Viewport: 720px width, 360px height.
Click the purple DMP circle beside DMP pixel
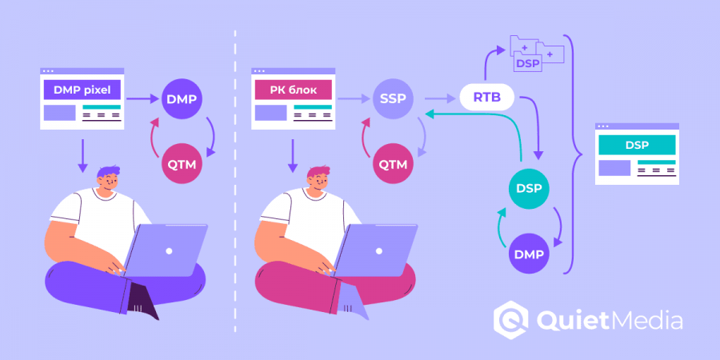click(182, 99)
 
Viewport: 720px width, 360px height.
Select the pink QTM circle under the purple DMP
click(182, 165)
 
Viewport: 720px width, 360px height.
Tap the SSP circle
click(391, 99)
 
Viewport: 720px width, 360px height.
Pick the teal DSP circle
click(529, 189)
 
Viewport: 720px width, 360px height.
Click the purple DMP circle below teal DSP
click(529, 254)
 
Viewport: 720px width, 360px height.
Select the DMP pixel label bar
click(82, 90)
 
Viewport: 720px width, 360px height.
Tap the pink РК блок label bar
click(293, 90)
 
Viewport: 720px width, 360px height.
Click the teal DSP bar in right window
click(637, 145)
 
